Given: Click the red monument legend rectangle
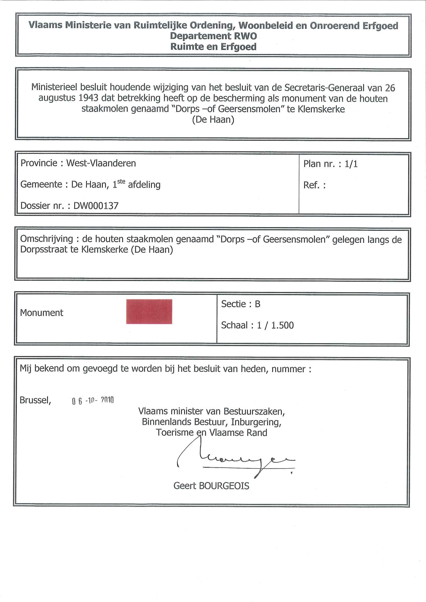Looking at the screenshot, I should (149, 312).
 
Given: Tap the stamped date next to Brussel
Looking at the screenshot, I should (93, 401).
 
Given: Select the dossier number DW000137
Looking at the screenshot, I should (96, 206).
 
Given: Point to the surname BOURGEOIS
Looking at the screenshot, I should (224, 486).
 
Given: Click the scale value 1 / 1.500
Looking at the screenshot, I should (275, 325).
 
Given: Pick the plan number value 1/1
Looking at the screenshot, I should (351, 164).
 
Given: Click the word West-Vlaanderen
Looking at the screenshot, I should (101, 163).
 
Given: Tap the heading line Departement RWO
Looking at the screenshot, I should (213, 36).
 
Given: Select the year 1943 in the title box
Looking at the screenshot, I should (88, 98).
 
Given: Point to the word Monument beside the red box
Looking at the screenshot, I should (42, 313).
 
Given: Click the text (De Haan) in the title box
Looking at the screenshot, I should (213, 120).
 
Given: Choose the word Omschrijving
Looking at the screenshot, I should (47, 239).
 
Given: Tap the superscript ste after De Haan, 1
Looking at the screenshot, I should (121, 182).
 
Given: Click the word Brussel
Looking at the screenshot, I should (35, 400).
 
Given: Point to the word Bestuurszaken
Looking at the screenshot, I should (254, 411).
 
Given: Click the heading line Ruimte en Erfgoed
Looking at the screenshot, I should (213, 47).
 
